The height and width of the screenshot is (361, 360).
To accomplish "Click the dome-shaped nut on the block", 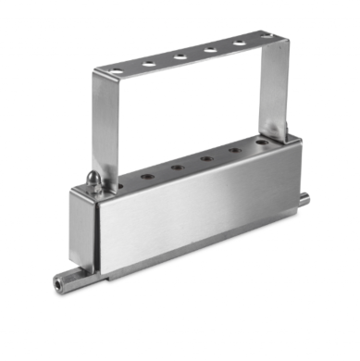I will [x=93, y=180].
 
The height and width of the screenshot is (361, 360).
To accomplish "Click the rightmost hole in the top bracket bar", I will [x=266, y=37].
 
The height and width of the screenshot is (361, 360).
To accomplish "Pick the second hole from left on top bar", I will [x=148, y=64].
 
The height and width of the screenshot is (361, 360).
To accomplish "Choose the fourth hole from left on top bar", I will [x=209, y=50].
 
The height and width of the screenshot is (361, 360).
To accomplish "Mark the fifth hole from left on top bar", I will [x=239, y=43].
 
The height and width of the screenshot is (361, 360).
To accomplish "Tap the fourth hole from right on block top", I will [x=175, y=168].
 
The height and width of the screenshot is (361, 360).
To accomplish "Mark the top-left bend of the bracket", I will [x=96, y=74].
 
